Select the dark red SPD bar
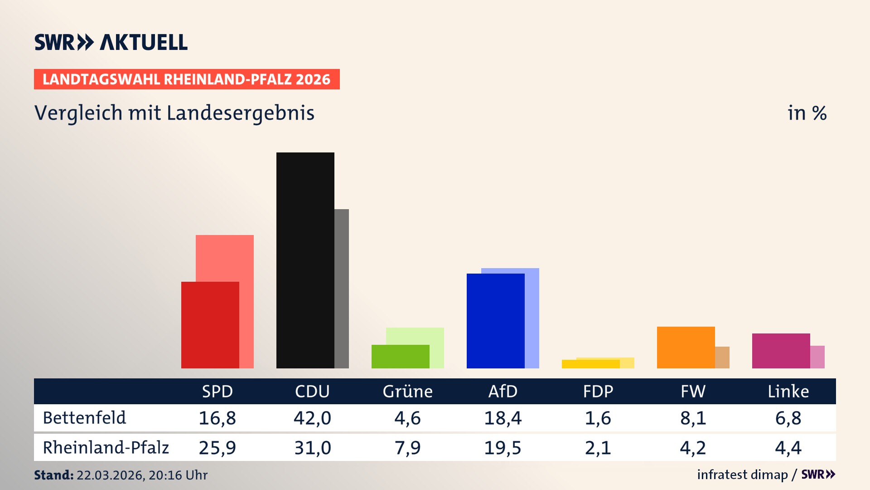210,325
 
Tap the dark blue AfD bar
495,321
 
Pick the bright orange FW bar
686,347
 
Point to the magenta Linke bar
781,351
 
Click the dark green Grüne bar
400,357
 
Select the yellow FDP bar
590,364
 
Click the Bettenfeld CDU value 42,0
312,418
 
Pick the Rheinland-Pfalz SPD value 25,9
217,448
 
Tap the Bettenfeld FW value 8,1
693,418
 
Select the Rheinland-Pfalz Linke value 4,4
788,448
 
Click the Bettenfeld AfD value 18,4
503,418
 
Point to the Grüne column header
407,391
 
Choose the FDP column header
598,391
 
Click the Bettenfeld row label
84,418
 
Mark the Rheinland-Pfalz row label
106,448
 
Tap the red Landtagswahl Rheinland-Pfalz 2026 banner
187,79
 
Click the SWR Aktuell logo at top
111,42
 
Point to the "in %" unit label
807,113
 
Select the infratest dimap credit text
742,475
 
